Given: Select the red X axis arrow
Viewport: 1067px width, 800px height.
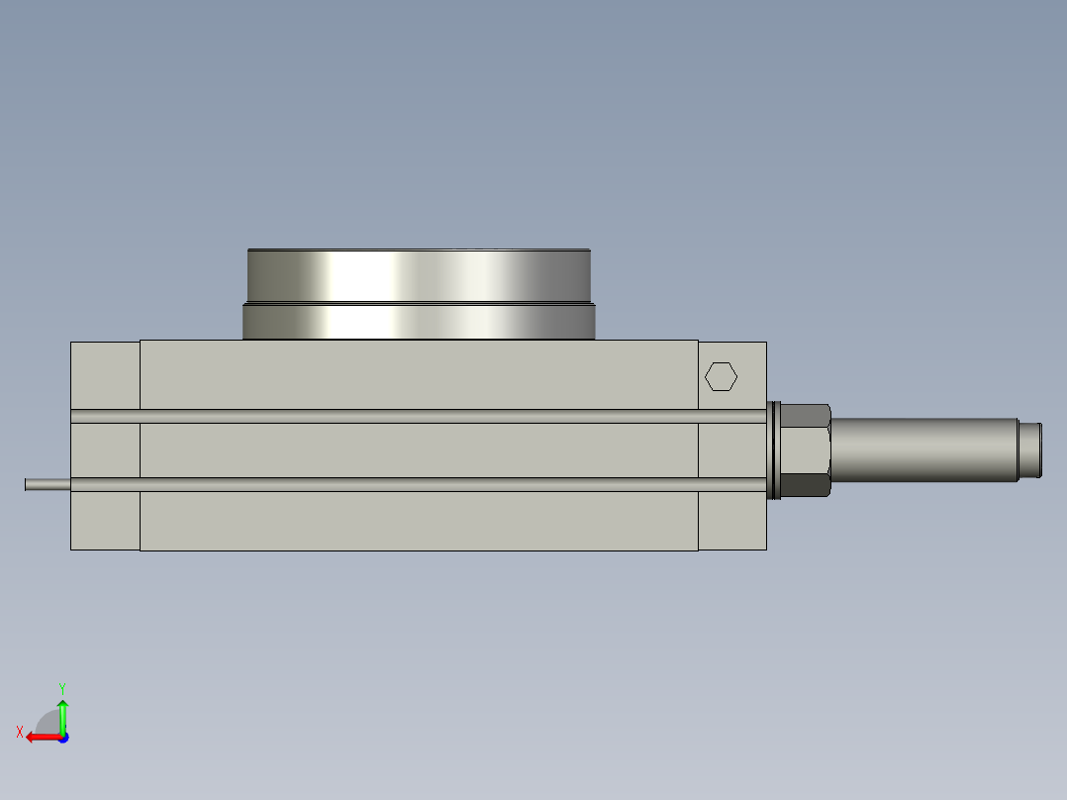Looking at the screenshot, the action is (x=44, y=738).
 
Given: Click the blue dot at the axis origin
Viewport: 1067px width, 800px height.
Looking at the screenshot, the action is (x=63, y=738).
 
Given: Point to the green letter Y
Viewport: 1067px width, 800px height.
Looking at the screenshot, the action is (x=62, y=688).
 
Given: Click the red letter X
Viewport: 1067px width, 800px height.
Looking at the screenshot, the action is (x=20, y=732).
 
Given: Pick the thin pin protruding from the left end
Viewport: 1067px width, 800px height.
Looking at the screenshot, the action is (x=48, y=485).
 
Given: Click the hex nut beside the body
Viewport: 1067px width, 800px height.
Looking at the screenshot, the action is (x=806, y=450).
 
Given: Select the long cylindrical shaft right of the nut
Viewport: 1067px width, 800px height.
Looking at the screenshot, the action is (x=924, y=450).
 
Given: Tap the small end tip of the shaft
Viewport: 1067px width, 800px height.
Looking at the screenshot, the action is (x=1030, y=450).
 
